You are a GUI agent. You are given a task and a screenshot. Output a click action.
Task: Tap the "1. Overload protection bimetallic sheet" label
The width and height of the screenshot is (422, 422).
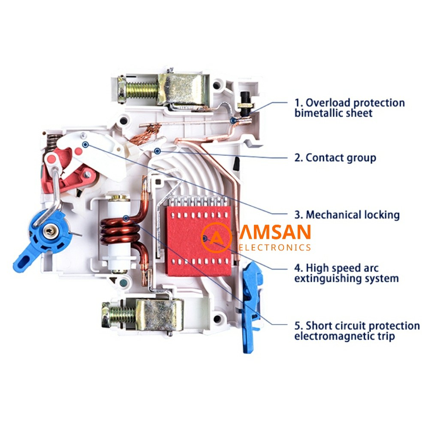(349, 108)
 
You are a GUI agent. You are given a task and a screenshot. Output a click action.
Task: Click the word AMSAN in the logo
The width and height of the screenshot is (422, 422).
(275, 233)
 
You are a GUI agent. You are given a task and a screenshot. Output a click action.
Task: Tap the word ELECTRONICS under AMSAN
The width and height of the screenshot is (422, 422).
(275, 247)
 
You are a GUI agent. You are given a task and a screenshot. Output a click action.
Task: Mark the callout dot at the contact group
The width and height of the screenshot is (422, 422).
(158, 151)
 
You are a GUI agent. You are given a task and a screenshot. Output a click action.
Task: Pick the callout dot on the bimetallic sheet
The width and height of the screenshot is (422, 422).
(232, 121)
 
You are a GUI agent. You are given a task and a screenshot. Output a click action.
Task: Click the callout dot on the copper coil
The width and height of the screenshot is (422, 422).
(126, 218)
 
